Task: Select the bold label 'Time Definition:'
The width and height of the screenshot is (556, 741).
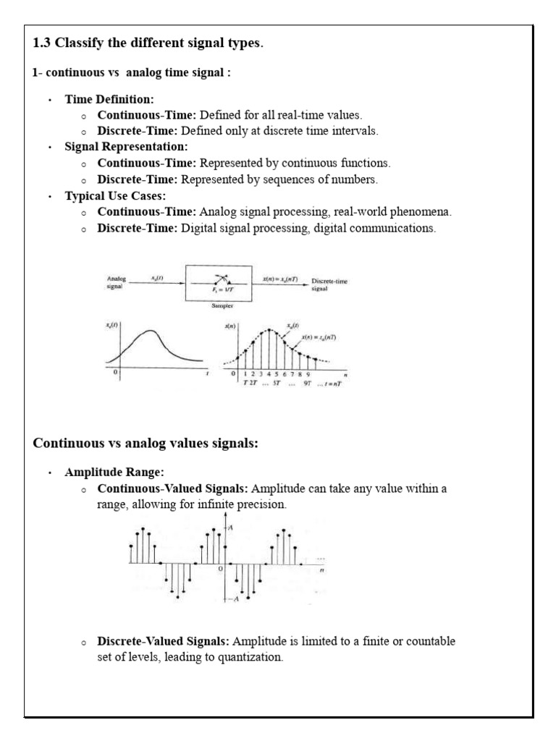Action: click(109, 99)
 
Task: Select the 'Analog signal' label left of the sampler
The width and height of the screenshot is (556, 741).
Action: click(117, 282)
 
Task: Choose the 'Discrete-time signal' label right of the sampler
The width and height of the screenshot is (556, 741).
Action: click(329, 284)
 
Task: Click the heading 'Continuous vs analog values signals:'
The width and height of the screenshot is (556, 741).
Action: click(146, 444)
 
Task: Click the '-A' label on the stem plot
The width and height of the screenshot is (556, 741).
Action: click(234, 599)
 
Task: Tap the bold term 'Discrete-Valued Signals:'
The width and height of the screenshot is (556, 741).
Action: click(164, 642)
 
